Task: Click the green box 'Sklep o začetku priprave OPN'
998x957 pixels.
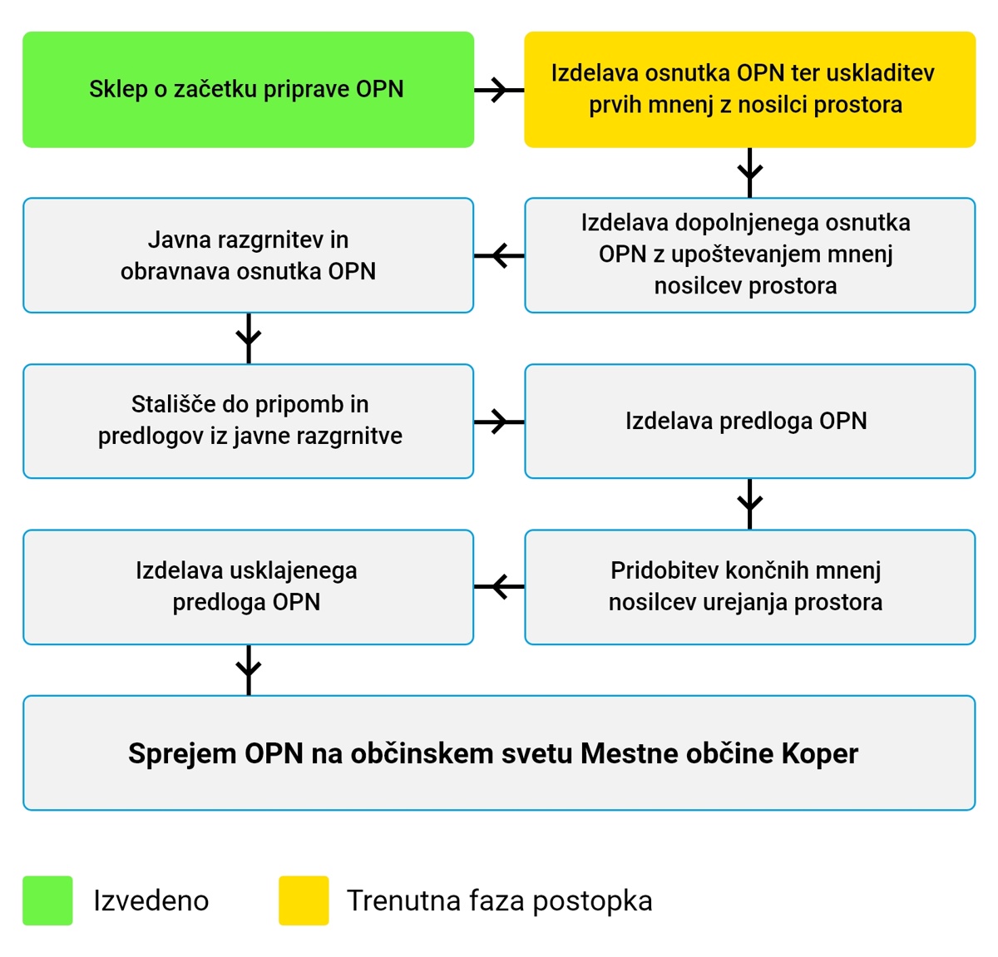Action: pos(248,90)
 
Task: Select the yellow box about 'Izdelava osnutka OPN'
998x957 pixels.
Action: pos(750,90)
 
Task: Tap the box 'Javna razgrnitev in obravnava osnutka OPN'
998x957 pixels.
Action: pos(248,255)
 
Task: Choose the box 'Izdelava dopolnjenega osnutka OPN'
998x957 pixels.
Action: pos(750,255)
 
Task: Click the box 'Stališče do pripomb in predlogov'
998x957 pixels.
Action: pos(248,422)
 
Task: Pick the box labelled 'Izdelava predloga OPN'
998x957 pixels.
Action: pos(750,422)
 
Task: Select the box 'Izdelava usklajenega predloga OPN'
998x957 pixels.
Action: pos(248,587)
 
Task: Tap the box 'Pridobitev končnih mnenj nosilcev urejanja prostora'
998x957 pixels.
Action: pos(750,587)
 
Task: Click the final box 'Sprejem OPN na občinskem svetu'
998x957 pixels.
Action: pos(499,753)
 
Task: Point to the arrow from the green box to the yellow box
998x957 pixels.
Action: pos(499,90)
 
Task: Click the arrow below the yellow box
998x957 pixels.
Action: pos(750,173)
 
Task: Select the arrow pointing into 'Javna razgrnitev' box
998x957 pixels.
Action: pos(499,255)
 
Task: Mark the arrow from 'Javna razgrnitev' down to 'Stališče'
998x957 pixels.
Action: pos(249,338)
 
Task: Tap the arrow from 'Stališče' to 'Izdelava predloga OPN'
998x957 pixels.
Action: pos(499,422)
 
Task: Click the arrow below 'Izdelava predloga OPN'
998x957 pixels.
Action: pos(750,505)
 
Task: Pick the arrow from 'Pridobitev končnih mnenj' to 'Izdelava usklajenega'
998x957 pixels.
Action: pos(499,586)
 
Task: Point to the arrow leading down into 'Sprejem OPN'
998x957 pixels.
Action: pos(249,670)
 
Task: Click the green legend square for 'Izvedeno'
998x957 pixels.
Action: pos(47,900)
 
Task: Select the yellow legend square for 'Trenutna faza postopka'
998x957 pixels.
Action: pos(304,900)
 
